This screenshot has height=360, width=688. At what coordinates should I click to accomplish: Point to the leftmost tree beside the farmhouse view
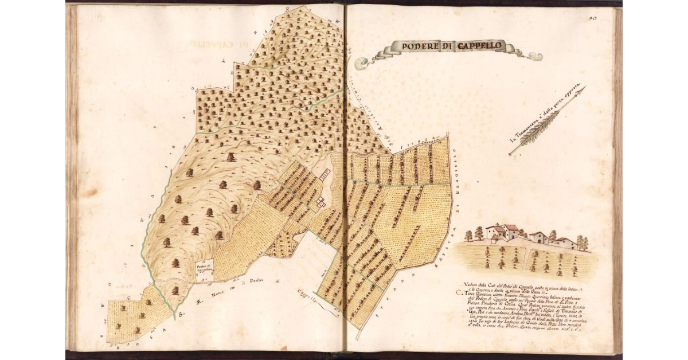click(468, 235)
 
